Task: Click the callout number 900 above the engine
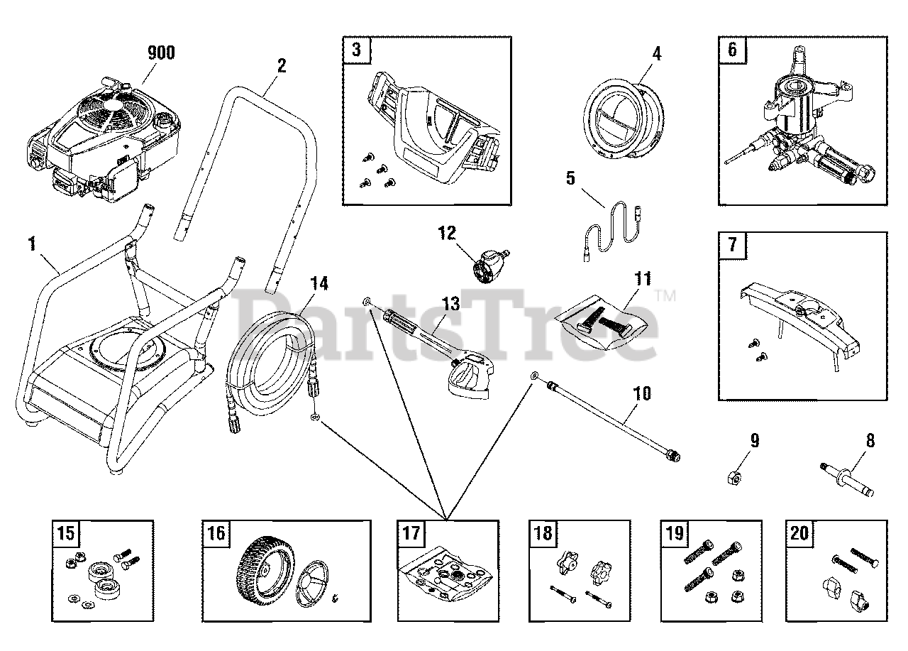click(160, 52)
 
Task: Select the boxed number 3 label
click(357, 50)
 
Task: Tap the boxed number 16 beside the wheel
click(216, 533)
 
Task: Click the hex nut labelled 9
click(735, 478)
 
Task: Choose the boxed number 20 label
click(799, 533)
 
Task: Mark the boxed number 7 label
click(732, 246)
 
